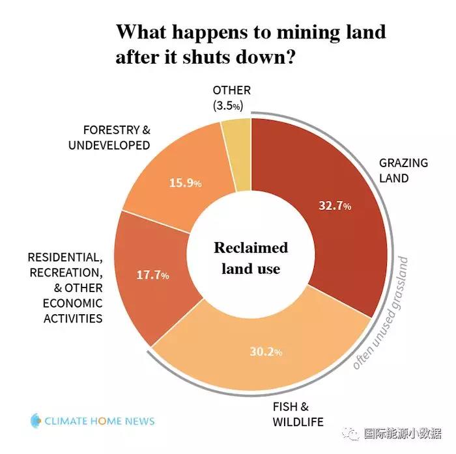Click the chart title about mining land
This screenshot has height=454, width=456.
(251, 43)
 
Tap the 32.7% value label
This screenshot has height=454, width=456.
(335, 206)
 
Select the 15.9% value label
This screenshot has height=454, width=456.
(185, 183)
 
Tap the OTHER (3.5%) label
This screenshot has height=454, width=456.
(232, 97)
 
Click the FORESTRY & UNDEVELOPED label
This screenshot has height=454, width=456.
(109, 138)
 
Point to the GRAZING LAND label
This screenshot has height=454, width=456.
(403, 170)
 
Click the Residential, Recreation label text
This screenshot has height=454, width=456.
(66, 287)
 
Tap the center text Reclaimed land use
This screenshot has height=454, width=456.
(251, 258)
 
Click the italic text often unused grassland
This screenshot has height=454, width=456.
(382, 312)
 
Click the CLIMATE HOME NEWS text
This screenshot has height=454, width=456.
(100, 421)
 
